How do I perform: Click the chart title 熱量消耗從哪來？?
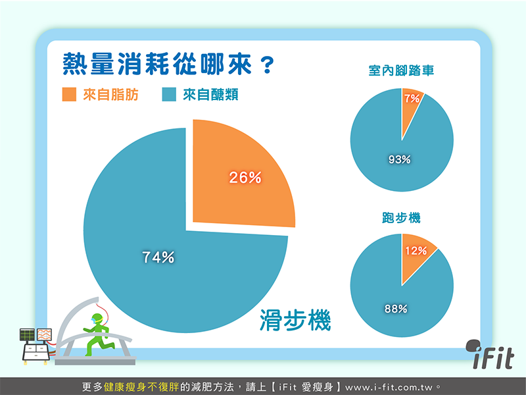pos(168,64)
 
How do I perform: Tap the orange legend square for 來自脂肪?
pos(69,94)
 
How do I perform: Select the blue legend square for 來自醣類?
pos(169,94)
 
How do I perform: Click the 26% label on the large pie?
pos(245,178)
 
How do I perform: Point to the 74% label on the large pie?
pos(158,257)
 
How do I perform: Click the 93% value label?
pos(400,159)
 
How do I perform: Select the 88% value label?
pos(396,309)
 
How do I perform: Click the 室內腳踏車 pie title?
pos(401,70)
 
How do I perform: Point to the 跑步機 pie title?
pos(401,218)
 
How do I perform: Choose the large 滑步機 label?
pos(295,320)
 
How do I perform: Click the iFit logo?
pos(490,354)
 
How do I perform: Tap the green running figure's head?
pos(97,319)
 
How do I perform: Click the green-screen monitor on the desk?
pos(27,335)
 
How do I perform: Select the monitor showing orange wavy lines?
pos(44,334)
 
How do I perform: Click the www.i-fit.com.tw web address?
pos(389,387)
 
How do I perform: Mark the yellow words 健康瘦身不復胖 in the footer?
pos(141,387)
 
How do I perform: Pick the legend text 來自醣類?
pos(210,95)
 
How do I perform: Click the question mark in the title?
pos(268,65)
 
